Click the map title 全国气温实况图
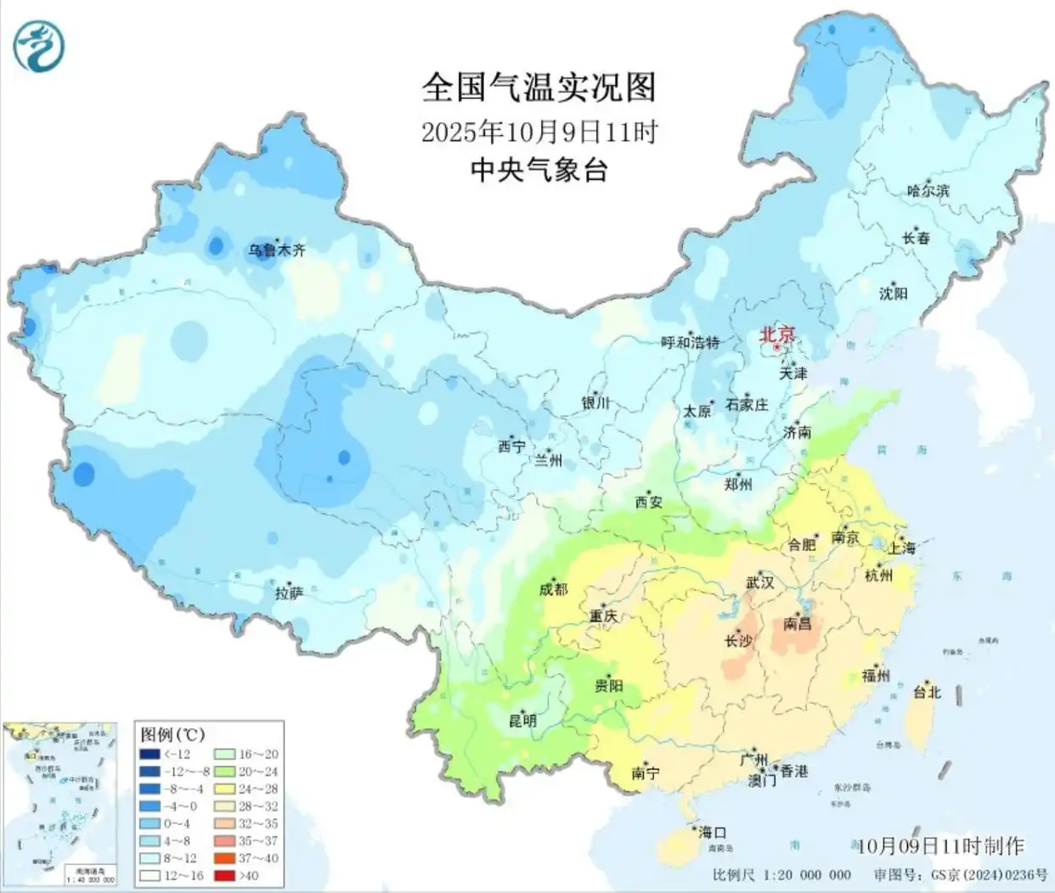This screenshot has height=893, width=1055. [539, 87]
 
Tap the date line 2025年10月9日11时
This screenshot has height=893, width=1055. [539, 132]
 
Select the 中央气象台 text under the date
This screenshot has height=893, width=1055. [539, 171]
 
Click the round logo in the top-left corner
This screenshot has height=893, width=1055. [39, 43]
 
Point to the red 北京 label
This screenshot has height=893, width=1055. [776, 334]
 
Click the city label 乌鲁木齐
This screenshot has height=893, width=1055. [276, 250]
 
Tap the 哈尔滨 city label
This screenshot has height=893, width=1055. [928, 191]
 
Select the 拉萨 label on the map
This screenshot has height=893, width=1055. [289, 593]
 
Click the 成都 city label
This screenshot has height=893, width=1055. [553, 588]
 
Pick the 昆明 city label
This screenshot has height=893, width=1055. [522, 721]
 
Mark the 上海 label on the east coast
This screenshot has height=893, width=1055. [901, 548]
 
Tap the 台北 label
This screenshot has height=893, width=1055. [927, 692]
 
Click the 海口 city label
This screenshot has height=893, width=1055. [712, 833]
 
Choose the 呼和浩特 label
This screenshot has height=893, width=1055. [690, 342]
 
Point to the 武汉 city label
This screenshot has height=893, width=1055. [759, 583]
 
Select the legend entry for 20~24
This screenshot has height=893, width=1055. [246, 772]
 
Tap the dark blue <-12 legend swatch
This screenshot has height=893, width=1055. [151, 755]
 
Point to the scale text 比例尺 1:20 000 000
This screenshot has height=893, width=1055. [781, 875]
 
